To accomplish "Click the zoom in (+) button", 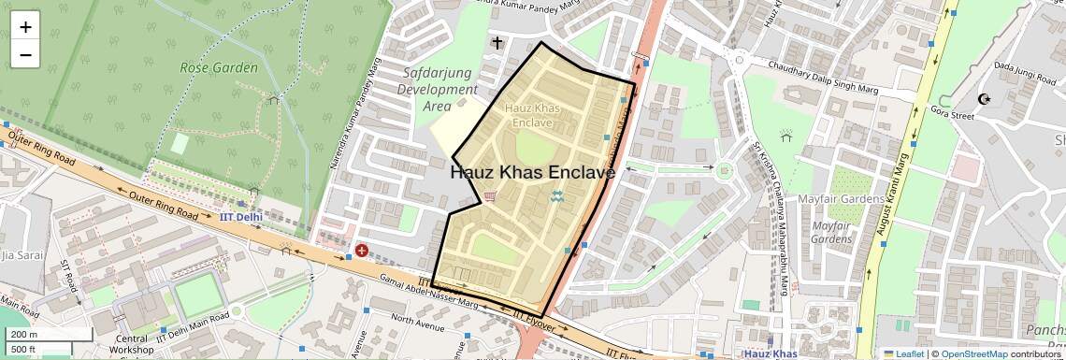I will (25, 27).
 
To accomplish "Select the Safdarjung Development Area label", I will (438, 90).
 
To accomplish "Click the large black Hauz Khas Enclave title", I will (533, 173).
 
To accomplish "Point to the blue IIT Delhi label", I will (242, 216).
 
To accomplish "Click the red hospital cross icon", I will (361, 251).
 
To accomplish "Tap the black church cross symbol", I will (497, 42).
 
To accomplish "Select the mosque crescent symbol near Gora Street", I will (983, 98).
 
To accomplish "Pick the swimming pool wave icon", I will (556, 196).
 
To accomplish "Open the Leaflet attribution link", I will (903, 353).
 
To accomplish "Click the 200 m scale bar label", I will (24, 334).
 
